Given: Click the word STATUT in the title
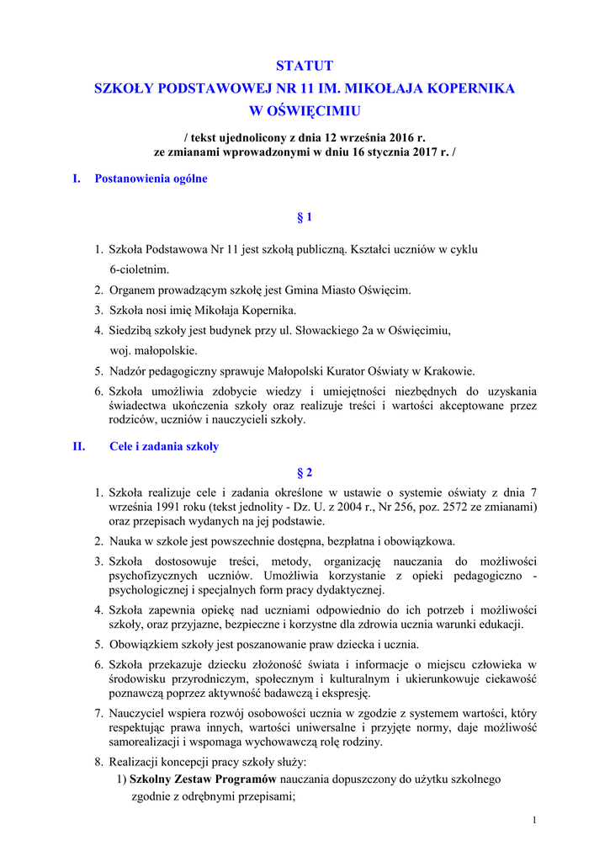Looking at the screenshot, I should (305, 66).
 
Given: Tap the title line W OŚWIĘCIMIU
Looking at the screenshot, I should (305, 110).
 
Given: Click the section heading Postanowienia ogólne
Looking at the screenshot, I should (151, 178).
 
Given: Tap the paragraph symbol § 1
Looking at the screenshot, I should (305, 218).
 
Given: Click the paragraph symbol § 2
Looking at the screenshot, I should (305, 472).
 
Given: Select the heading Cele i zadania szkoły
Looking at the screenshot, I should (164, 447).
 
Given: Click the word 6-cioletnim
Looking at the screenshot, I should (140, 269).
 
